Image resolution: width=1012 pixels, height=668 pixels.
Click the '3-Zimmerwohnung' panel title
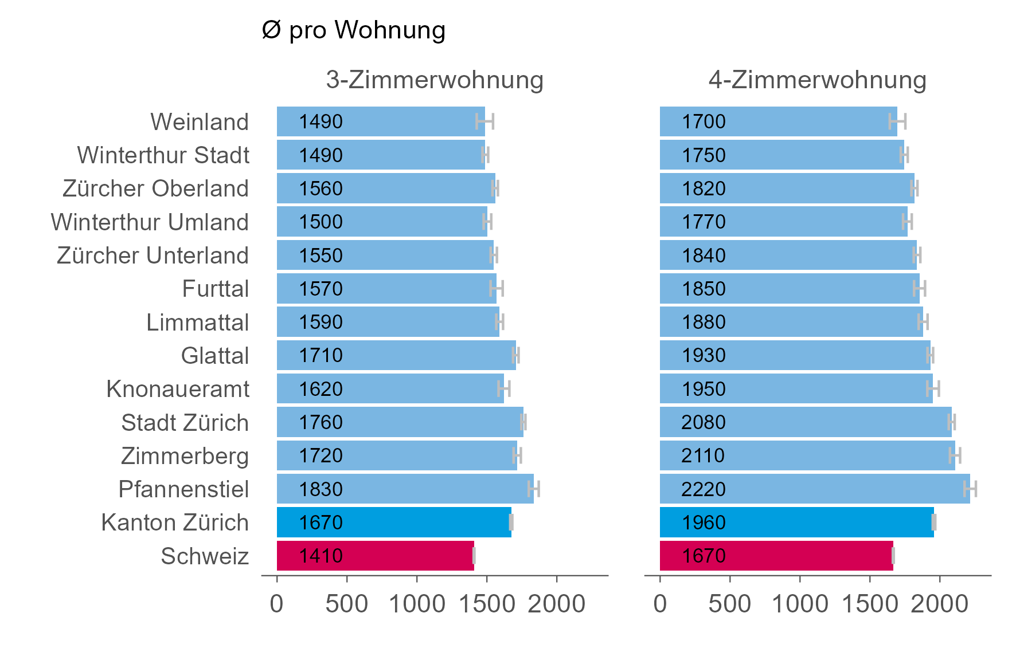click(x=434, y=80)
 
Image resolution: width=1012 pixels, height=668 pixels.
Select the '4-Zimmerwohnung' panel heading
click(x=817, y=80)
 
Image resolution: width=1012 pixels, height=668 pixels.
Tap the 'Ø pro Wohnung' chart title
click(x=353, y=30)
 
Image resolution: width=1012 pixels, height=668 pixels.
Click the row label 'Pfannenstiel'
click(x=183, y=489)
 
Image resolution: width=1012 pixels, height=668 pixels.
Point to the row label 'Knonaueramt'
click(x=178, y=389)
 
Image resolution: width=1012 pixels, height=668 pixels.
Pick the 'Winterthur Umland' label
click(x=150, y=222)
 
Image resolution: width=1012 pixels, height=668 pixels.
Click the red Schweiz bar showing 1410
click(x=376, y=556)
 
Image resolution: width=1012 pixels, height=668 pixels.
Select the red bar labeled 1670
click(x=776, y=556)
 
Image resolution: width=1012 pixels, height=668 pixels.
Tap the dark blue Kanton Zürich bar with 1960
click(x=797, y=522)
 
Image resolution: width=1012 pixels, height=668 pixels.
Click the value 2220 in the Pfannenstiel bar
click(x=704, y=489)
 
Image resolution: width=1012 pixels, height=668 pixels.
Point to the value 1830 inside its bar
click(x=321, y=489)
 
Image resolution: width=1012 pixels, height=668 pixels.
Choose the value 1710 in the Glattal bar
click(x=321, y=355)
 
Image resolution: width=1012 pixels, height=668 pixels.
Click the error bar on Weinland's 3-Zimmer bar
click(x=485, y=121)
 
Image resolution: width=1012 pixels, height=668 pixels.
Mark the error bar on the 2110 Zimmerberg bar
click(x=955, y=455)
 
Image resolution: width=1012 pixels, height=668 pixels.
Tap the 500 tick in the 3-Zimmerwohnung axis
click(x=347, y=604)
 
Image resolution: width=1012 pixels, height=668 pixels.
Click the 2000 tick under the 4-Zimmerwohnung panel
click(x=940, y=604)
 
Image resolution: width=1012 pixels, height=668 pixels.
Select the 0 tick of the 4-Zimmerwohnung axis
click(x=660, y=604)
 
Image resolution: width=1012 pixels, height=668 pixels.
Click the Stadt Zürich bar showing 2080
click(x=806, y=422)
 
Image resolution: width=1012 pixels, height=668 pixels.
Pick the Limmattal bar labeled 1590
click(x=388, y=322)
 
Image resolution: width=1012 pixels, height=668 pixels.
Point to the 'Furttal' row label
click(x=215, y=289)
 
